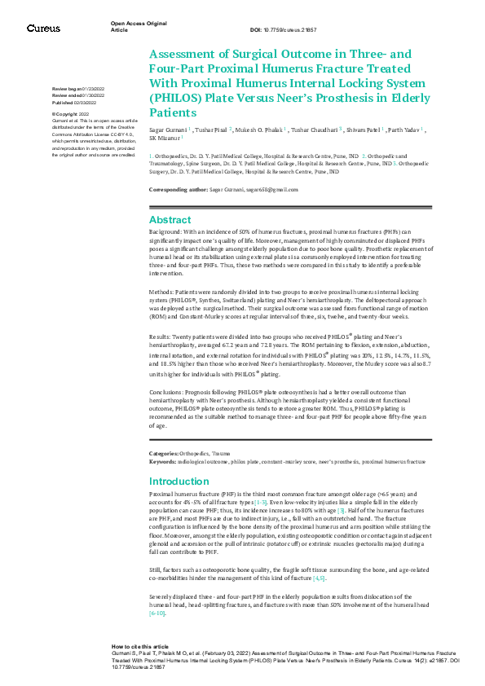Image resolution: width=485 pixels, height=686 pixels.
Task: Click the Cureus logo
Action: (x=43, y=29)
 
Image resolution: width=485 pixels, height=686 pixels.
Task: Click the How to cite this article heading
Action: (x=140, y=645)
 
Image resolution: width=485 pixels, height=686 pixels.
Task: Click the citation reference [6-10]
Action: (x=157, y=613)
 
